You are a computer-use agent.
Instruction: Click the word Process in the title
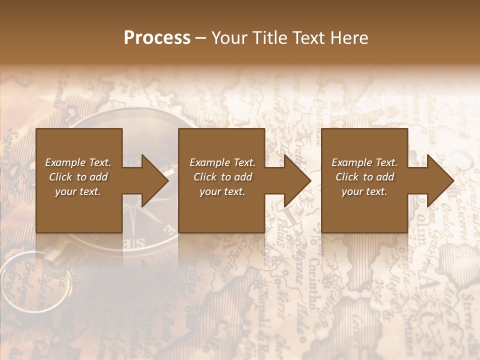pyautogui.click(x=157, y=38)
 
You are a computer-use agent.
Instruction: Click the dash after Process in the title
pyautogui.click(x=201, y=38)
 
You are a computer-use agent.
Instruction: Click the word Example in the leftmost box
pyautogui.click(x=65, y=162)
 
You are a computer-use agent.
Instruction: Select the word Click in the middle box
pyautogui.click(x=205, y=177)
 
